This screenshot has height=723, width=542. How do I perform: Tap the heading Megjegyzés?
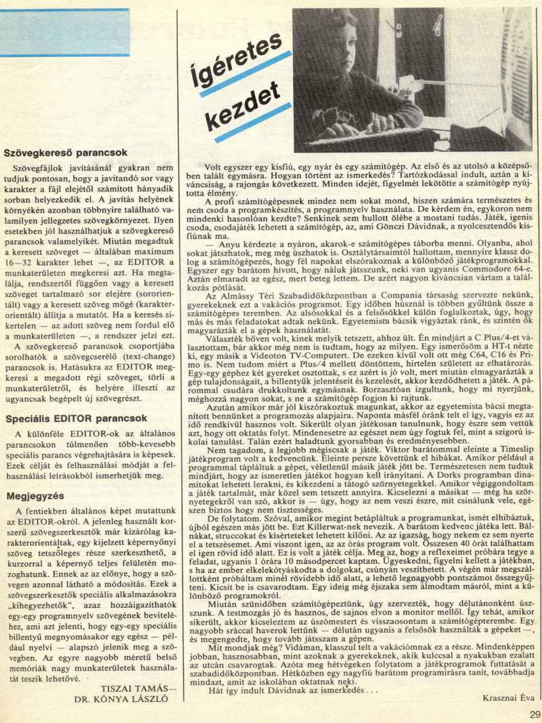tap(35, 496)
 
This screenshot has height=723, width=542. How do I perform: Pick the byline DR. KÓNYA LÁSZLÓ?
tap(120, 700)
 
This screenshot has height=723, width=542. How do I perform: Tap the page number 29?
tap(535, 715)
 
